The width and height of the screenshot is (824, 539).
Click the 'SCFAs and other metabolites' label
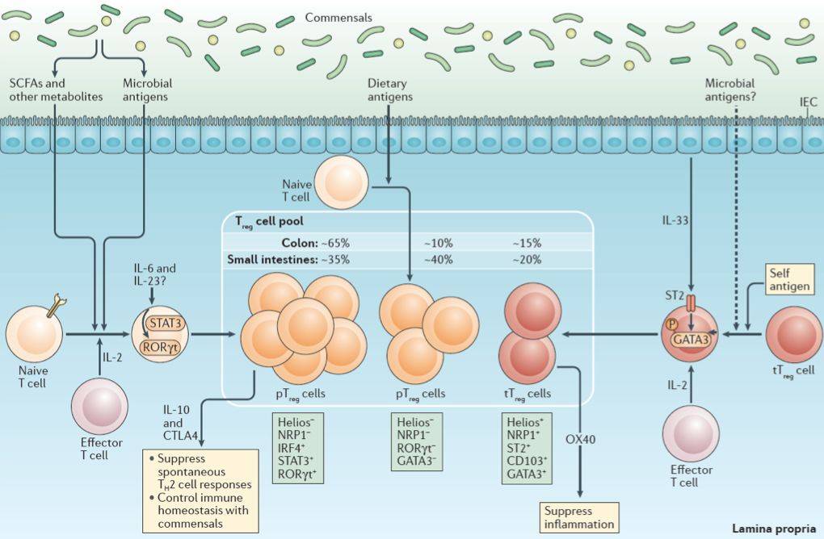click(56, 90)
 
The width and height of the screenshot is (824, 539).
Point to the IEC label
click(807, 102)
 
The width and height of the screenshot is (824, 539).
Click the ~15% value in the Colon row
click(526, 242)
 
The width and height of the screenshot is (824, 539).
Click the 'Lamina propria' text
click(774, 529)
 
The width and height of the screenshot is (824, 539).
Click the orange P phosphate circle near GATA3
click(671, 324)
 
